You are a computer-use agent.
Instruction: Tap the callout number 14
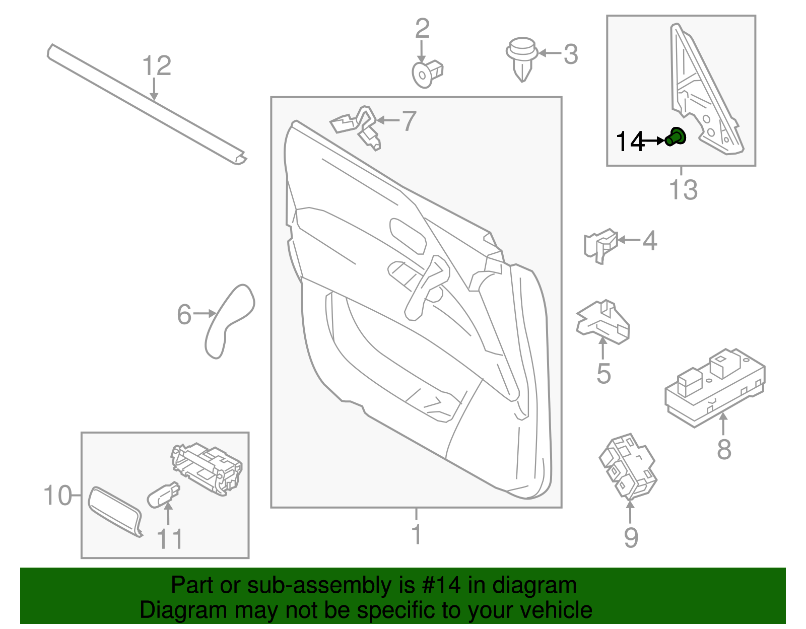(x=630, y=142)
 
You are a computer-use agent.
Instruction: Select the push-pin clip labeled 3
(x=521, y=58)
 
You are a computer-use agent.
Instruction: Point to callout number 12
(x=157, y=66)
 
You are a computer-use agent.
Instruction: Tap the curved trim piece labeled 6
(x=230, y=320)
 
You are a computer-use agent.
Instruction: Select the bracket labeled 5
(x=603, y=322)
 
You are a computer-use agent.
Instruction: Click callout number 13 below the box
(x=683, y=190)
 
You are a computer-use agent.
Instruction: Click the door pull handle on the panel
(x=426, y=288)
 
